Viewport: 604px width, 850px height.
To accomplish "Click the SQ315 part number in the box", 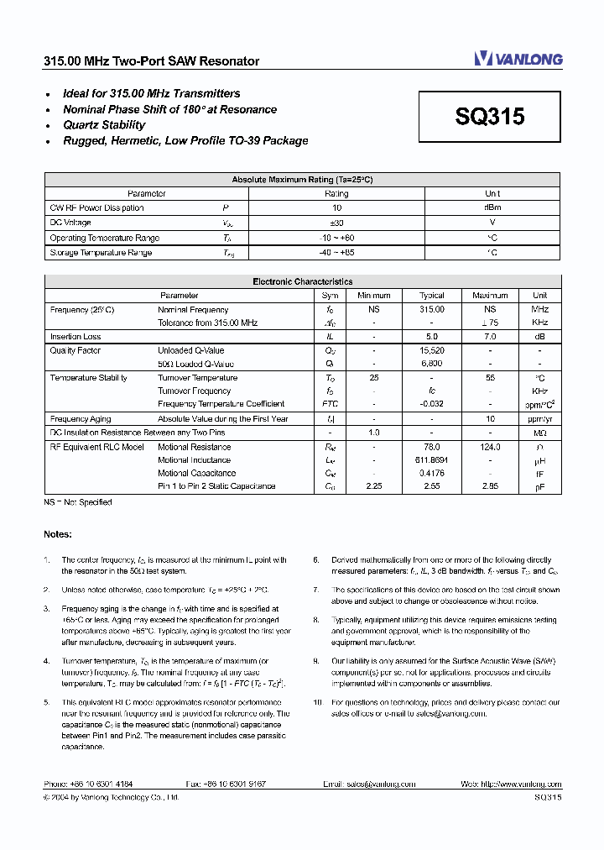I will click(x=490, y=117).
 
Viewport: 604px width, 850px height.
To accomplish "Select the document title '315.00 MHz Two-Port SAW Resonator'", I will click(x=151, y=61).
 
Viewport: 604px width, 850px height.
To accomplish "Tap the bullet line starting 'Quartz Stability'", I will click(x=104, y=125).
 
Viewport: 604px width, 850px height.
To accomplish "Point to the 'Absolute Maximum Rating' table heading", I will click(x=302, y=180).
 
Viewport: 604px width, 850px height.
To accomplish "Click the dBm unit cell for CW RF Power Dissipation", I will click(x=492, y=207).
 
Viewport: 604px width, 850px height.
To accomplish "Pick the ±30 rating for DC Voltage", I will click(x=336, y=223).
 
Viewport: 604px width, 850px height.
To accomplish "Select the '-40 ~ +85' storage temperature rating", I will click(x=336, y=252).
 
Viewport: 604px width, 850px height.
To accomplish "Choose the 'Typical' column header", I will click(x=432, y=296).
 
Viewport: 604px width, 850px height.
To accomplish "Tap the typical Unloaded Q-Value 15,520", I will click(x=432, y=350).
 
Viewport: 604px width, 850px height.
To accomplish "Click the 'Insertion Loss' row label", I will click(x=75, y=337).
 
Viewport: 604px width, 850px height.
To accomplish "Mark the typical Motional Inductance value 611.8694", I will click(x=432, y=460).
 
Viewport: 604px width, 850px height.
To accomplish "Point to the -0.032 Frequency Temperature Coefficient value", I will click(x=432, y=404).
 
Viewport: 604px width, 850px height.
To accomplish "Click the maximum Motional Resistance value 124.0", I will click(x=490, y=447).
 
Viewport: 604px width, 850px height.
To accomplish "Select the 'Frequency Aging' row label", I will click(x=81, y=418).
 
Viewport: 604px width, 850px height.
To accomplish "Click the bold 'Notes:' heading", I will click(x=58, y=534).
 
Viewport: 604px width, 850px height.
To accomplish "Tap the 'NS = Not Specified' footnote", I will click(x=77, y=502).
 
